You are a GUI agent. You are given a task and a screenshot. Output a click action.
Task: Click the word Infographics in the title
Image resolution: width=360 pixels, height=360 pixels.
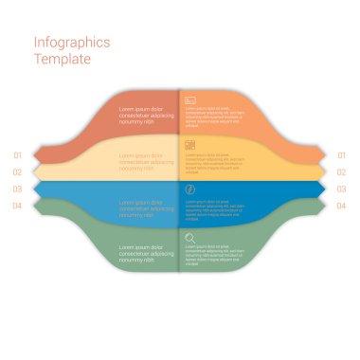point(72,43)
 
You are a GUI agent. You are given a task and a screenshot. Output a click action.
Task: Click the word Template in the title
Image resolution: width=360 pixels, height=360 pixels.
point(63,59)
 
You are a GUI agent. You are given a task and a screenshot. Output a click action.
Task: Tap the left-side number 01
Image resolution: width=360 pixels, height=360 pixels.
point(17,155)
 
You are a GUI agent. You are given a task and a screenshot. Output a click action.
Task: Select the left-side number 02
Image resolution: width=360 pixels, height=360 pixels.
point(17,172)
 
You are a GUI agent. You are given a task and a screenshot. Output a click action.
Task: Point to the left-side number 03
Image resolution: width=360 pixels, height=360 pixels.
point(17,189)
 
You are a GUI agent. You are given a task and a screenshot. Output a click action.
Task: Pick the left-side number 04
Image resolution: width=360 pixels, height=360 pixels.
point(17,206)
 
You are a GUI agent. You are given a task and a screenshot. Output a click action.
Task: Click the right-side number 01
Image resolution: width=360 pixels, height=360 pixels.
point(341,155)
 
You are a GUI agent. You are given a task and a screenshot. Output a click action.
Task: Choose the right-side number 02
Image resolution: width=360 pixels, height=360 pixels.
point(341,172)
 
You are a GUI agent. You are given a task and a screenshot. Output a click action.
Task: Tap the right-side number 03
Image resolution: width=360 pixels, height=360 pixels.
point(341,189)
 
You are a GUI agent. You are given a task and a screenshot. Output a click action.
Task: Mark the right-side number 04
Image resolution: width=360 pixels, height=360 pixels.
point(341,206)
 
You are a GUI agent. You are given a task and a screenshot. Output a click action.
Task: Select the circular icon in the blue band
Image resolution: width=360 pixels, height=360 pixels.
point(190,190)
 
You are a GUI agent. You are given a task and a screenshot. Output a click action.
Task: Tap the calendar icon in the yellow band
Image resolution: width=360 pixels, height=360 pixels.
point(190,145)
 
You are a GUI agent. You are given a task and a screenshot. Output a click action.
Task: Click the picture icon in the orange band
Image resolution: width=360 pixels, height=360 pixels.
point(190,99)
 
